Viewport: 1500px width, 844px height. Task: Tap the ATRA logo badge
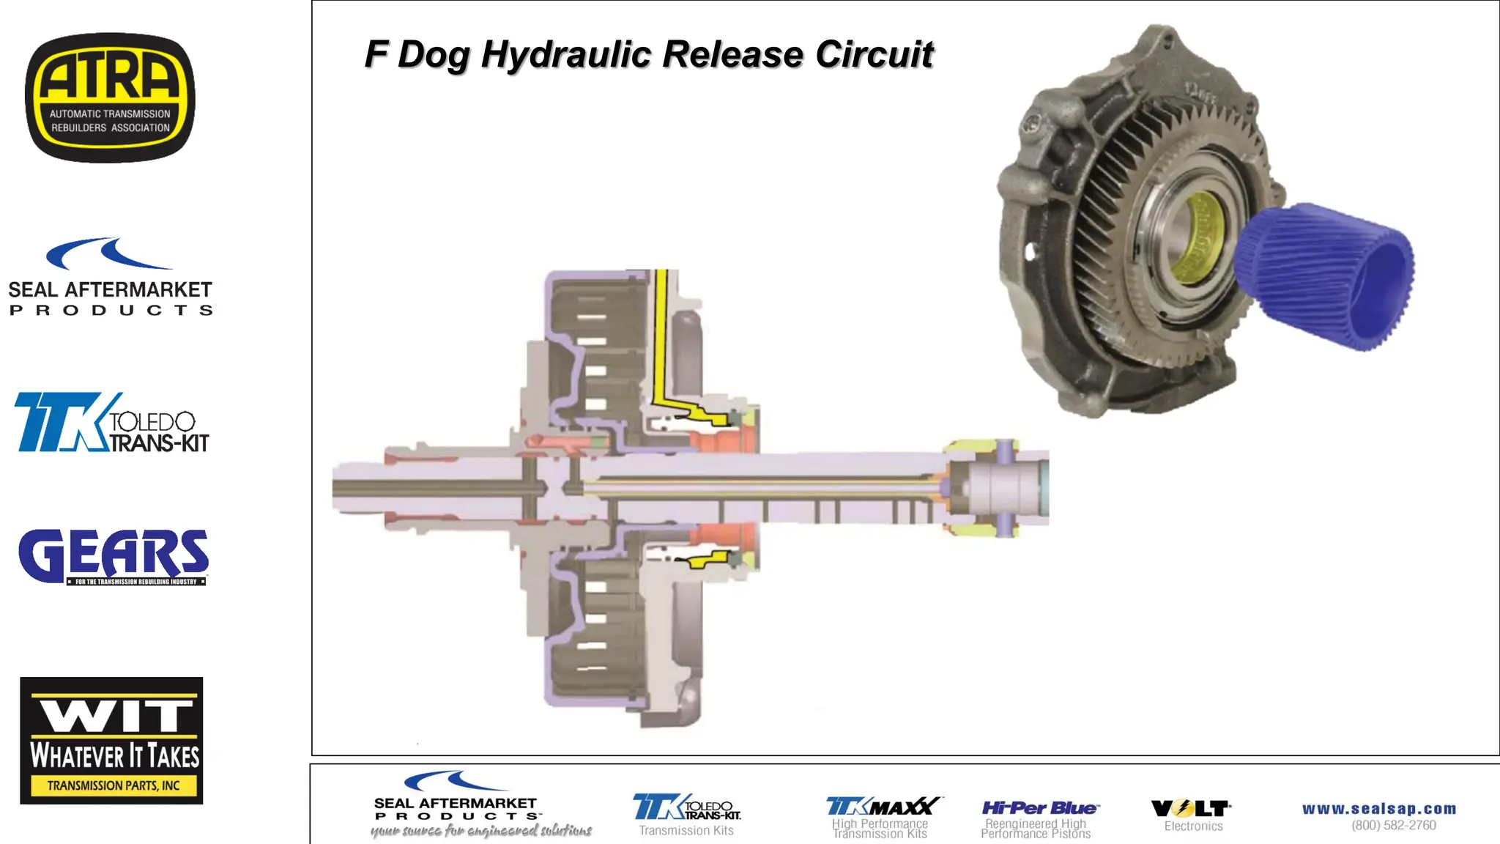tap(110, 97)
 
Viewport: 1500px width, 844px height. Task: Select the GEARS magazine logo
tap(114, 557)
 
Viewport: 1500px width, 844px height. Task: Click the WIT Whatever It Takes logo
tap(111, 740)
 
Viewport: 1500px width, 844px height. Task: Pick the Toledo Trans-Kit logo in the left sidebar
tap(111, 423)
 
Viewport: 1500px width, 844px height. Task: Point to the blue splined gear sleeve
tap(1326, 275)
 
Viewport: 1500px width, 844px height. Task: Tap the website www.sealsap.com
tap(1379, 809)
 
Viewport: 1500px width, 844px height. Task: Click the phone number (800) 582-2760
tap(1394, 826)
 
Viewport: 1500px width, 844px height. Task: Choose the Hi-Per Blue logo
tap(1039, 808)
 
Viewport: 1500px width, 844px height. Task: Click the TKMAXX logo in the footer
tap(883, 807)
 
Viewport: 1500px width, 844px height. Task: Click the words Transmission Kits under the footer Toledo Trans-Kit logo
tap(686, 831)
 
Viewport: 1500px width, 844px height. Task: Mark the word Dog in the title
tap(434, 56)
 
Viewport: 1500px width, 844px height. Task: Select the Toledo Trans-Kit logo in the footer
tap(686, 807)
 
